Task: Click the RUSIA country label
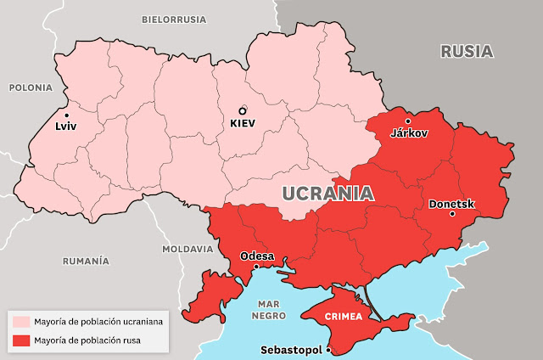tap(466, 51)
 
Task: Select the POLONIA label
tap(31, 87)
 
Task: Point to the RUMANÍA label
tap(86, 261)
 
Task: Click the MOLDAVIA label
tap(188, 250)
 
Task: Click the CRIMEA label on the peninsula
tap(343, 317)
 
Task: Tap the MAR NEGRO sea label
tap(269, 308)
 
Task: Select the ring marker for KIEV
tap(242, 110)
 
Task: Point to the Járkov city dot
tap(408, 121)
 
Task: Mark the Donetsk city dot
tap(452, 214)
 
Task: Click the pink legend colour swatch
tap(20, 322)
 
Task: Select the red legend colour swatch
tap(20, 340)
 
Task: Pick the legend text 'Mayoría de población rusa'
tap(87, 340)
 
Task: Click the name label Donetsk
tap(452, 204)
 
